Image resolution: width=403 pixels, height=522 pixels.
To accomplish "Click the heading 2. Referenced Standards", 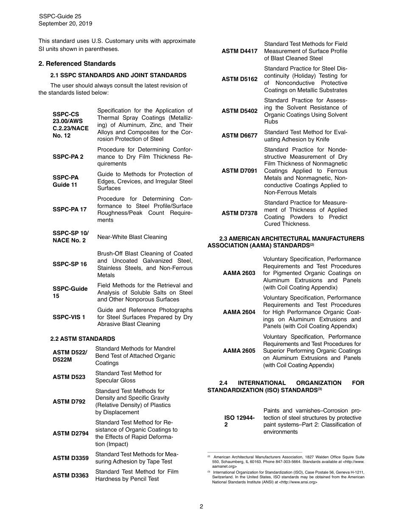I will [77, 64].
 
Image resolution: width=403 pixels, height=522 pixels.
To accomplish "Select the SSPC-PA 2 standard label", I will [68, 157].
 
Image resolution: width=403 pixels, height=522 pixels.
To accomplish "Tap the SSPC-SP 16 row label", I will [70, 264].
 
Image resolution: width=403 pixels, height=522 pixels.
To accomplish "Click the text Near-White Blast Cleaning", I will [132, 237].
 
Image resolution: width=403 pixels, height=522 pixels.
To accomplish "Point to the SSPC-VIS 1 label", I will [69, 317].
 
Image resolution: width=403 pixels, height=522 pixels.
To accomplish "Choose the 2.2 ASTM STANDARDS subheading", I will [82, 339].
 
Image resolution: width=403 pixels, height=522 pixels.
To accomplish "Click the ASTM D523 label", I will [69, 377].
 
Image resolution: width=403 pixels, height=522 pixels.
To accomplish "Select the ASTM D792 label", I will [69, 401].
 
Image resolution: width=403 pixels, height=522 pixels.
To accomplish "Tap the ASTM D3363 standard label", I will [70, 475].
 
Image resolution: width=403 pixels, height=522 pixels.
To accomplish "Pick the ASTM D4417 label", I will [239, 51].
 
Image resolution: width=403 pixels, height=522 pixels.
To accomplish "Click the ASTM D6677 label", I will [239, 136].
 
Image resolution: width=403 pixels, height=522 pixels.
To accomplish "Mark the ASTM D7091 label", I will [239, 171].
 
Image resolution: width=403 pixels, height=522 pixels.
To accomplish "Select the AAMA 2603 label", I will [239, 273].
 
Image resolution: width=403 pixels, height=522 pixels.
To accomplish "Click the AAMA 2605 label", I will [239, 351].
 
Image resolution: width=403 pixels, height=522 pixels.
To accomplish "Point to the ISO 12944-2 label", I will [239, 421].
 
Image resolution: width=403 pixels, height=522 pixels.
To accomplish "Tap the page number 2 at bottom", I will [201, 506].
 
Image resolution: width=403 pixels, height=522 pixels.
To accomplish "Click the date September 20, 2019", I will [65, 24].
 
